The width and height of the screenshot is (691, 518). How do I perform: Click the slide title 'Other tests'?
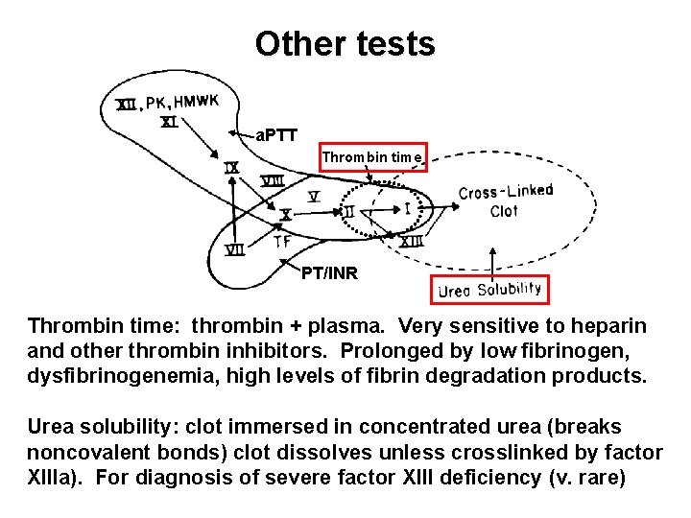click(x=345, y=43)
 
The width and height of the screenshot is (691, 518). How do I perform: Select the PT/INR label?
click(x=328, y=273)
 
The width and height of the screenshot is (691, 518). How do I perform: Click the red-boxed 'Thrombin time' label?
click(x=372, y=156)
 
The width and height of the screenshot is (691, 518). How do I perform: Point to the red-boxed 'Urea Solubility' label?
click(x=489, y=289)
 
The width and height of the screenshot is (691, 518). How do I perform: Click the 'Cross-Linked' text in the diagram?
click(x=506, y=192)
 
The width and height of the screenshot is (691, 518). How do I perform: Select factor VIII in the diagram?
click(x=273, y=180)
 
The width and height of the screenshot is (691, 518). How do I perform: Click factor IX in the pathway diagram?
click(x=231, y=167)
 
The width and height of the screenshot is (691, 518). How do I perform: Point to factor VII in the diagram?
click(x=233, y=250)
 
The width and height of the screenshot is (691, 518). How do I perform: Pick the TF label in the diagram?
click(x=281, y=241)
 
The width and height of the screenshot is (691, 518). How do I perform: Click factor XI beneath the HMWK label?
click(x=168, y=122)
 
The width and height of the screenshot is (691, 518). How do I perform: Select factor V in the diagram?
click(x=314, y=197)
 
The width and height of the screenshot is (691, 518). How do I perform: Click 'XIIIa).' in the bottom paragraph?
click(x=56, y=476)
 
